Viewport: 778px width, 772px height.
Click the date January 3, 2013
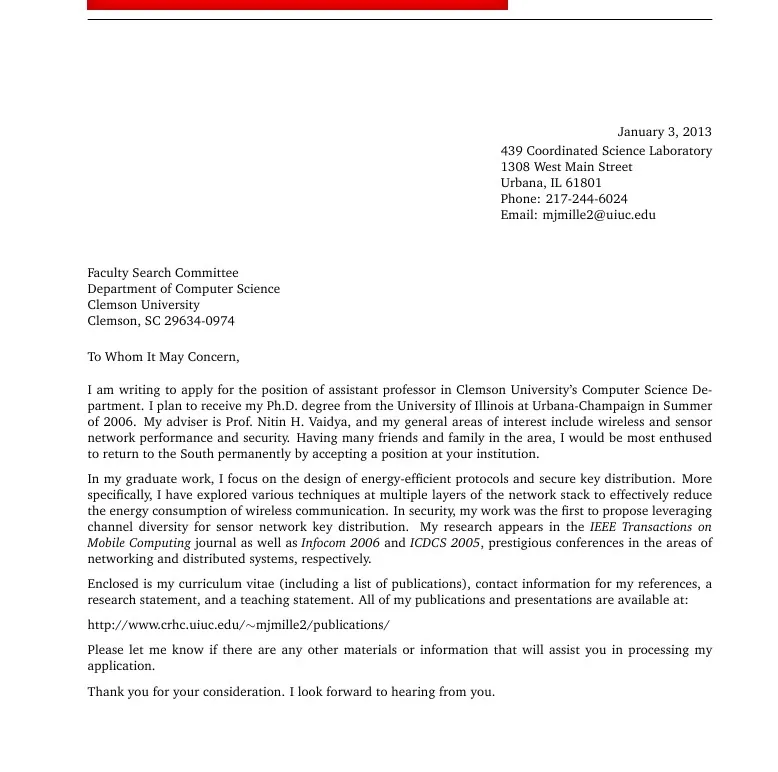pyautogui.click(x=664, y=132)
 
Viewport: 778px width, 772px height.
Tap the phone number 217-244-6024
pyautogui.click(x=586, y=199)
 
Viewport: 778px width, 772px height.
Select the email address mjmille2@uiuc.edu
pyautogui.click(x=598, y=215)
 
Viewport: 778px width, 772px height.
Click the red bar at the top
pyautogui.click(x=297, y=5)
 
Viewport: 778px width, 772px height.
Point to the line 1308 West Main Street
pyautogui.click(x=566, y=167)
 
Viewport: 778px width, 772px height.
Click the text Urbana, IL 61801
pyautogui.click(x=551, y=183)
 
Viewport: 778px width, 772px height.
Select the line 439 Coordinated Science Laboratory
pyautogui.click(x=606, y=151)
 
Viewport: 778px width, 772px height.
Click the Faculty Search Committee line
pyautogui.click(x=163, y=273)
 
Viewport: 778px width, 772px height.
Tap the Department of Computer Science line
pyautogui.click(x=183, y=289)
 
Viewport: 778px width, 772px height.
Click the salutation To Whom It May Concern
pyautogui.click(x=163, y=357)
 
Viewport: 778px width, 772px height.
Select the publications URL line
pyautogui.click(x=238, y=625)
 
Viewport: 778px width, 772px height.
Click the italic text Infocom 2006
pyautogui.click(x=341, y=543)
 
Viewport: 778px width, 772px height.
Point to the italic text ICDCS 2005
pyautogui.click(x=445, y=543)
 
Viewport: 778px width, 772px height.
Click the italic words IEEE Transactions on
pyautogui.click(x=650, y=527)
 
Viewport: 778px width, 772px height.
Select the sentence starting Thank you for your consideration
pyautogui.click(x=291, y=691)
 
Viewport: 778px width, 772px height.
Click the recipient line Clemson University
pyautogui.click(x=143, y=305)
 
